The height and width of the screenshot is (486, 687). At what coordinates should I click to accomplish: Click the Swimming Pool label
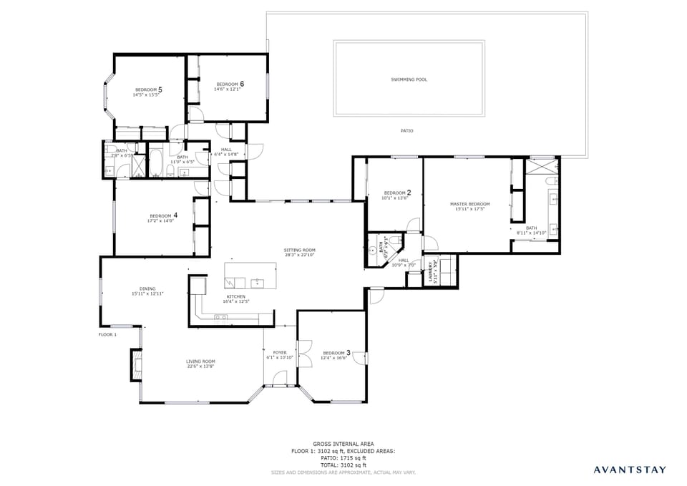coord(409,79)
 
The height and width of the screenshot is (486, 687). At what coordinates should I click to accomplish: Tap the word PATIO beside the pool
coord(406,131)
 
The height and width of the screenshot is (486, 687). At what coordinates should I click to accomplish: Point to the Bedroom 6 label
coord(230,84)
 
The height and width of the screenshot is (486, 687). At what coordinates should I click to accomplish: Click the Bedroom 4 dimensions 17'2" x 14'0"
coord(160,221)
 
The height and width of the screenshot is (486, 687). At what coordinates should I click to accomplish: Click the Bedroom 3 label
coord(336,352)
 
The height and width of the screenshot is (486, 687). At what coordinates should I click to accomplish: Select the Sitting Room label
coord(299,250)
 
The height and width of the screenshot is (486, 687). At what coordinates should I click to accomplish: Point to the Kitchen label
coord(236,296)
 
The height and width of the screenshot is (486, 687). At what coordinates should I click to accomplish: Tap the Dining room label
coord(147,288)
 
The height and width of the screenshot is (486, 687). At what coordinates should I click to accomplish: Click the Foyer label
coord(280,352)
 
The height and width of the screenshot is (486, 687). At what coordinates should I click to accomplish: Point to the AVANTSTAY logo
coord(629,470)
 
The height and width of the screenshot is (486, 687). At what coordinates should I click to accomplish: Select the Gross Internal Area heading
coord(343,444)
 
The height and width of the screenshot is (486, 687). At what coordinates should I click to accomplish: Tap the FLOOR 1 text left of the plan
coord(107,334)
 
